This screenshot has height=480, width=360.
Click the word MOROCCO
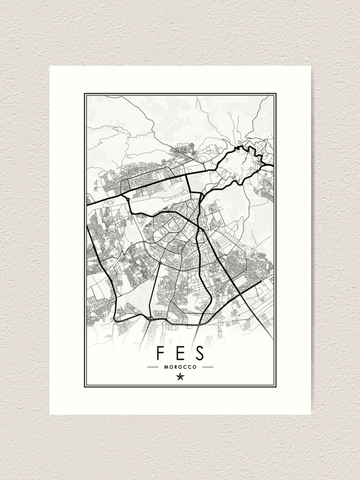tap(180, 367)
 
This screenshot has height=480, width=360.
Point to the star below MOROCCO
tap(180, 377)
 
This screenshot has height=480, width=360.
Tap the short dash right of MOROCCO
tap(207, 367)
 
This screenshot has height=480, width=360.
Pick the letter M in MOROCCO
tap(166, 367)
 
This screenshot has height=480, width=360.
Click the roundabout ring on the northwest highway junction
tap(128, 198)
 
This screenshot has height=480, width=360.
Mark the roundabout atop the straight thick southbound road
tap(159, 263)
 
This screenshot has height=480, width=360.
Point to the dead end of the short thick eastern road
tap(262, 280)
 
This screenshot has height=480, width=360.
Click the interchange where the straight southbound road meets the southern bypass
tap(150, 318)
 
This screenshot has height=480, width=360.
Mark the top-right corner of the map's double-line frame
tap(275, 94)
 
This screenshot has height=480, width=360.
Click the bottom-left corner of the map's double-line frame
tap(85, 386)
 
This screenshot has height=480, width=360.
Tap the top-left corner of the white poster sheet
tap(49, 66)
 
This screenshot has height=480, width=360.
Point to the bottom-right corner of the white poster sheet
tap(311, 414)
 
